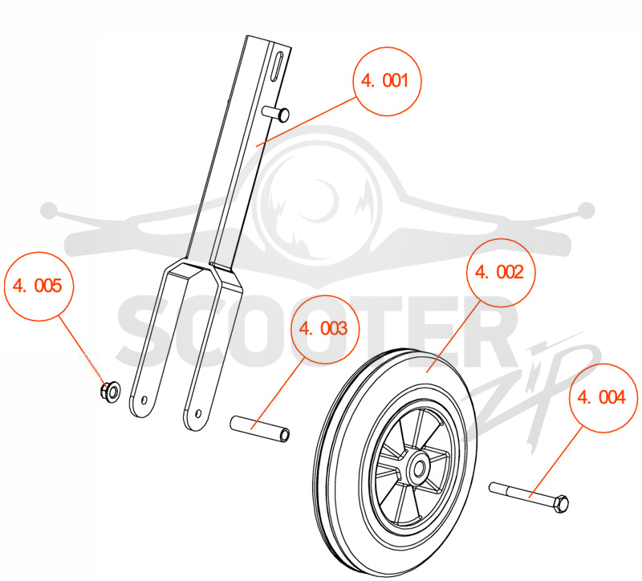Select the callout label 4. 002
pos(500,273)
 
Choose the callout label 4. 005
pos(39,286)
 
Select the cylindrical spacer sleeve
pos(260,429)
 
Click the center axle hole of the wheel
pos(418,469)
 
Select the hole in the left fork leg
pos(144,399)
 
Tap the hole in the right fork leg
pos(199,413)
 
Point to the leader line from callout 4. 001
pos(306,121)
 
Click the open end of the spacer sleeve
pos(284,435)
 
